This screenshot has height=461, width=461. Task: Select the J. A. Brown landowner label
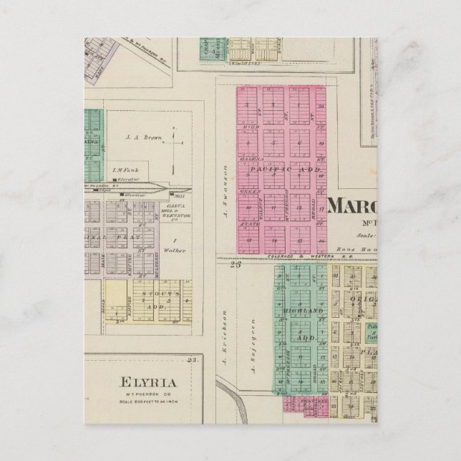pyautogui.click(x=140, y=136)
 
